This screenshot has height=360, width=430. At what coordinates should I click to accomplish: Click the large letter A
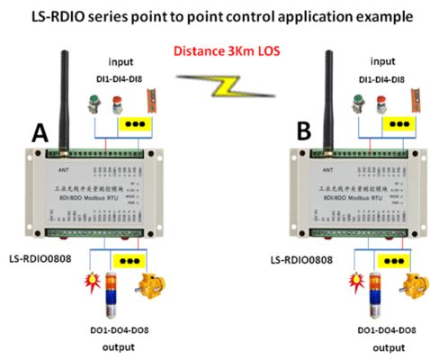40,136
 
